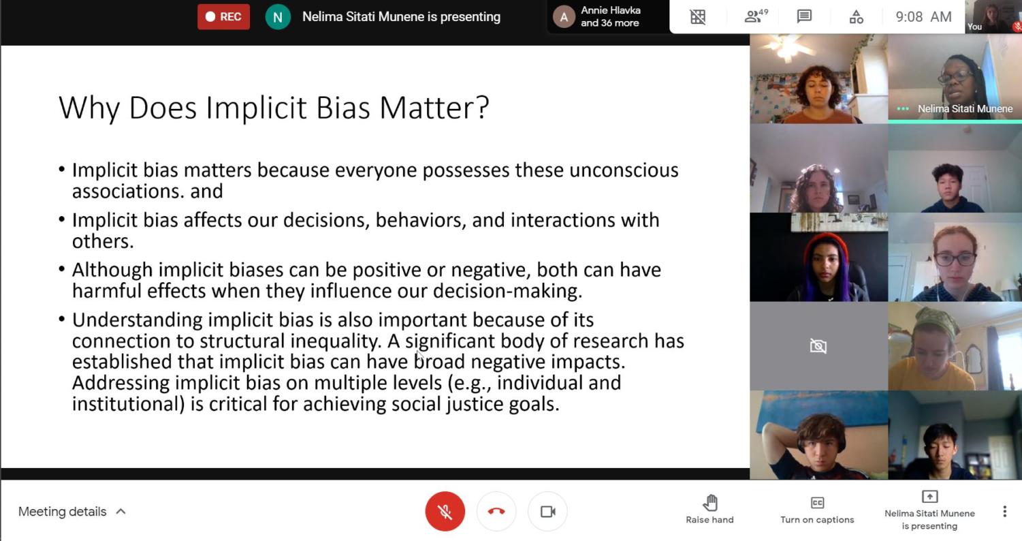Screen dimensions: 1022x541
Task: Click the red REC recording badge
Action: click(223, 17)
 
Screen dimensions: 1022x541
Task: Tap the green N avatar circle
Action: click(278, 17)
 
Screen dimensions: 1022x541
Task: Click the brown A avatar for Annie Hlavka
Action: click(564, 17)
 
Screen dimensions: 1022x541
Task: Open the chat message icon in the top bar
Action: click(804, 16)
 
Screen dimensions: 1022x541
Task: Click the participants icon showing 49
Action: click(756, 16)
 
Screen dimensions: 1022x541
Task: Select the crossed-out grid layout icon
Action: click(698, 17)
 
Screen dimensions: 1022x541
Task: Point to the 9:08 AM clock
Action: click(923, 17)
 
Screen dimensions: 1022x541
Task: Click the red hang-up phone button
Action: click(496, 511)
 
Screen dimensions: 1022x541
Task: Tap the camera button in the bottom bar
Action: click(548, 511)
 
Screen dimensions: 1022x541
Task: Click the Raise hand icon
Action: click(710, 503)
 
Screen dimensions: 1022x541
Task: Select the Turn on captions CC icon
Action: click(817, 503)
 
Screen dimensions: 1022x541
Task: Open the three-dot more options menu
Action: click(1005, 511)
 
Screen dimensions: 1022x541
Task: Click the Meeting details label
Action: click(62, 512)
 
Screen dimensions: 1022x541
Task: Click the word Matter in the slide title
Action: click(434, 108)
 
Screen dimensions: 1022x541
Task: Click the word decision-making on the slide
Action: click(507, 291)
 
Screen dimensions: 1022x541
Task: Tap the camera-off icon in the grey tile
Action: click(818, 346)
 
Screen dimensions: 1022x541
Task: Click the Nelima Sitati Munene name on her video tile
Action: click(965, 108)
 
